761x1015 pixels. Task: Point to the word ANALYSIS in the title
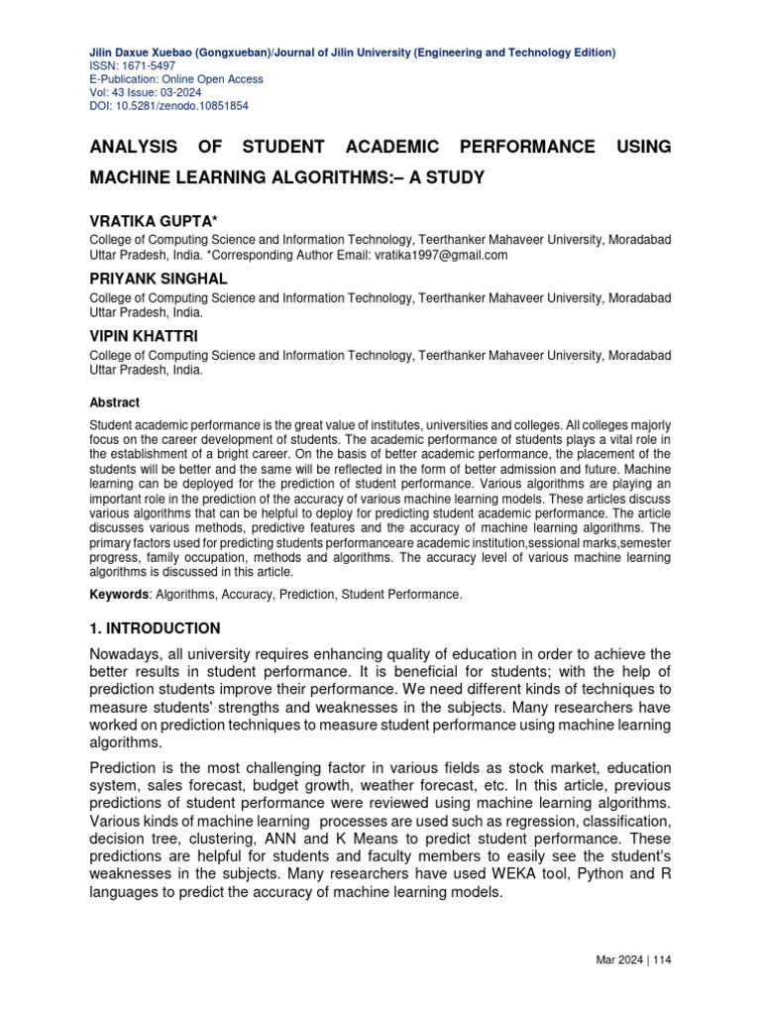133,147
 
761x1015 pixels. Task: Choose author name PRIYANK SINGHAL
159,280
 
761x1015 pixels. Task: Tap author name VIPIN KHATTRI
144,336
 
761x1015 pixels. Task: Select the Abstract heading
115,402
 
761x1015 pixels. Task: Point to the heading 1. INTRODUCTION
155,628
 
